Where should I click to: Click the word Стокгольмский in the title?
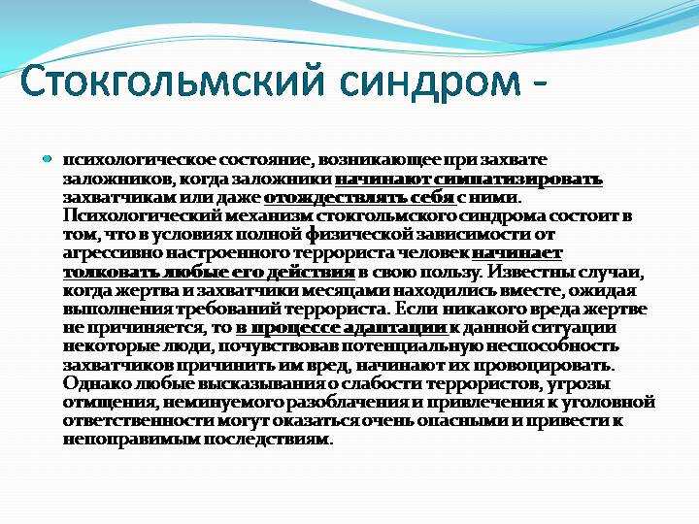[x=171, y=81]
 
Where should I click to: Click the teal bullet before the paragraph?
[x=48, y=158]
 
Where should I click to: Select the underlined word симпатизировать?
[x=518, y=180]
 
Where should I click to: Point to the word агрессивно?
[x=114, y=253]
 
